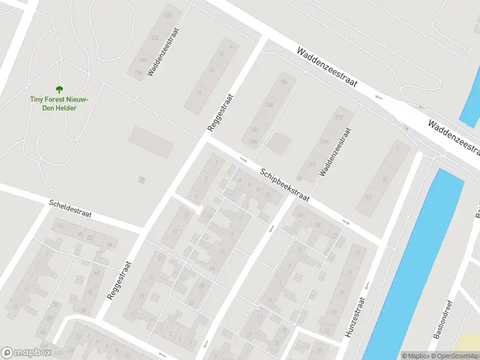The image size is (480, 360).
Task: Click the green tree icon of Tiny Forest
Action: [x=59, y=89]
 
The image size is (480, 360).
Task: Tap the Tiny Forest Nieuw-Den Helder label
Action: [x=59, y=103]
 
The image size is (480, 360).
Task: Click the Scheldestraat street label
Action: [x=70, y=209]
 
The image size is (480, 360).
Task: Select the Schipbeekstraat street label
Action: [x=284, y=185]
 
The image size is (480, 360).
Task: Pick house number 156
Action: [x=284, y=82]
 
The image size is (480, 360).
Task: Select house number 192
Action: [x=339, y=118]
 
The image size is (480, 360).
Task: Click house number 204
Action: [x=325, y=142]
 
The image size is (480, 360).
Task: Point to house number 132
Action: [x=155, y=38]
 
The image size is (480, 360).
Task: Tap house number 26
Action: [x=200, y=92]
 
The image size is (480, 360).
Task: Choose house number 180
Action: [x=254, y=129]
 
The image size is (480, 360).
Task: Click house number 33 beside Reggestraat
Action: [x=133, y=315]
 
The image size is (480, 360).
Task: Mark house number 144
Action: [x=142, y=61]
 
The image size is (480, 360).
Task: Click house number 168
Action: [x=269, y=105]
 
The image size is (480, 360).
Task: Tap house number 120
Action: [x=168, y=14]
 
